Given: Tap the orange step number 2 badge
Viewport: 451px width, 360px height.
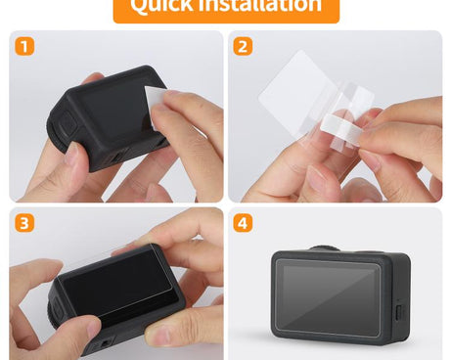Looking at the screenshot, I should (244, 46).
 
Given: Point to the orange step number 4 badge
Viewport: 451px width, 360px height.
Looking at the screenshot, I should (244, 223).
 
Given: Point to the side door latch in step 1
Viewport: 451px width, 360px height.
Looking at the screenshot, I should (68, 125).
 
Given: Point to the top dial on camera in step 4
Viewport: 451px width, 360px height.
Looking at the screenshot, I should (325, 248).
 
